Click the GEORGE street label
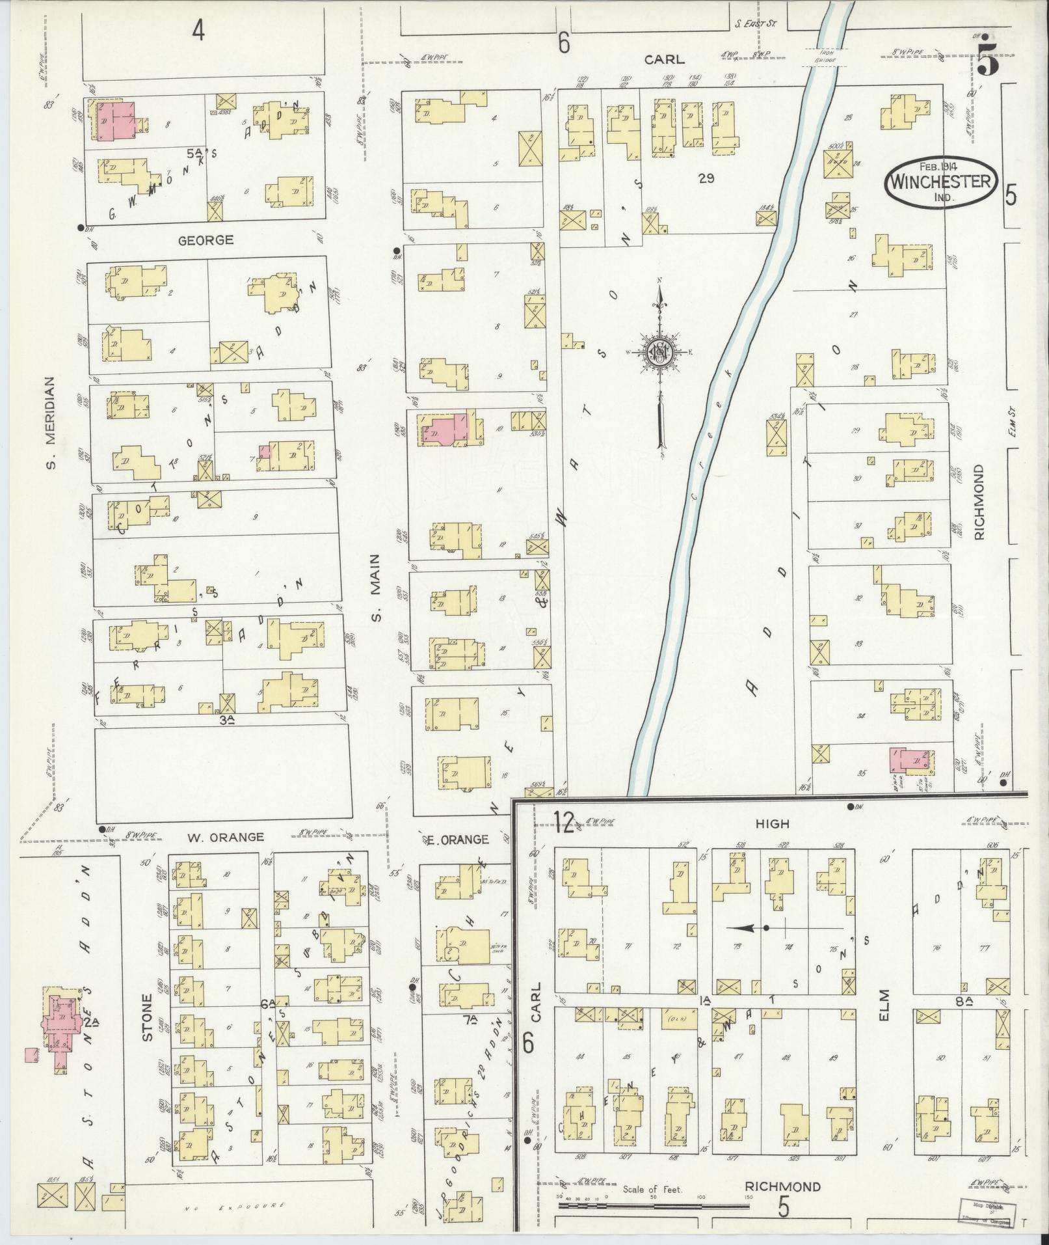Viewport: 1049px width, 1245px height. [x=206, y=240]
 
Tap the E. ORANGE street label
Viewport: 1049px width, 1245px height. [x=458, y=840]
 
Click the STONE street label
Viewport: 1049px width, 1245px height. [x=147, y=1017]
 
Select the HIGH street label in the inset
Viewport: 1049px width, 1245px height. [x=772, y=824]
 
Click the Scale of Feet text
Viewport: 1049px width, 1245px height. [x=652, y=1190]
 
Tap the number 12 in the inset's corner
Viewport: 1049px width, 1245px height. [x=565, y=824]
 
